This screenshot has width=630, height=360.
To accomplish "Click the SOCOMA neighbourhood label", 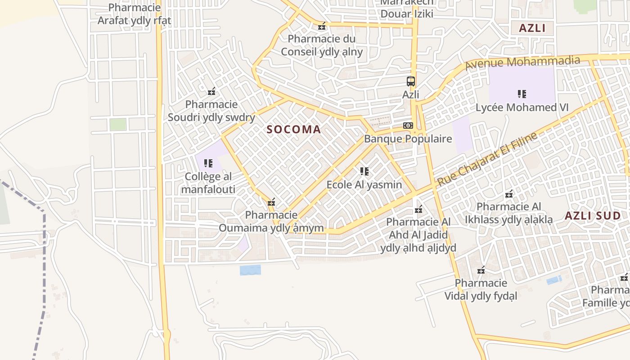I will tap(294, 130).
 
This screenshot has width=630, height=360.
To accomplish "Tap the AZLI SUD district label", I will tap(593, 216).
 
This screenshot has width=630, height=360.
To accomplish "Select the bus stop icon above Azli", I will tap(411, 81).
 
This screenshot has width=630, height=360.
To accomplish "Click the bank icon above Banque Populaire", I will tap(408, 126).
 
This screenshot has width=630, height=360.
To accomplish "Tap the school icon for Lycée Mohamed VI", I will tap(522, 94).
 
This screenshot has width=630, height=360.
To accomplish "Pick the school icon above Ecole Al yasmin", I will tap(364, 171).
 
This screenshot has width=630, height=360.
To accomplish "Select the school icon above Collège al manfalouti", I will tap(208, 163).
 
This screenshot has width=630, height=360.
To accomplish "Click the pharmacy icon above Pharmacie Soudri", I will tap(211, 92).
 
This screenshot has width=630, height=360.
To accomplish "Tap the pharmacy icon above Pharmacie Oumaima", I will tap(271, 202).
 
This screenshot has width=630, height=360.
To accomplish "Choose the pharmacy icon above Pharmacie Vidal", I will tap(481, 270).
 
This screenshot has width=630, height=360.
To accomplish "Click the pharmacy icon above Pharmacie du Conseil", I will tap(322, 26).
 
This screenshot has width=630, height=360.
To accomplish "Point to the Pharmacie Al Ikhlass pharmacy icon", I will tap(509, 194).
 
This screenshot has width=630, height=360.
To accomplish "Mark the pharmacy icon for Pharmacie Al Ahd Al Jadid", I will tap(418, 209).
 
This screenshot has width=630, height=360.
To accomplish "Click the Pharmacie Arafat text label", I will tap(135, 14).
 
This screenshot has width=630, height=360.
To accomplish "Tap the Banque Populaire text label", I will tap(408, 139).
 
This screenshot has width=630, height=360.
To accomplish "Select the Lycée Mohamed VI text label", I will tap(522, 108).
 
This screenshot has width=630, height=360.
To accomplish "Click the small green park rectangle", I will tap(118, 124).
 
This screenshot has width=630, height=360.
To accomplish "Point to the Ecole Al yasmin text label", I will tap(364, 184).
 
